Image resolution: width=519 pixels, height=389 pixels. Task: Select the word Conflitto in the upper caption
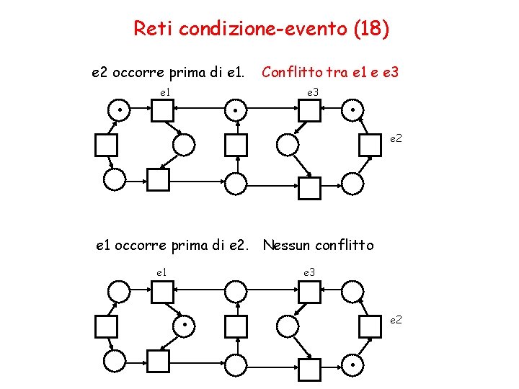293,72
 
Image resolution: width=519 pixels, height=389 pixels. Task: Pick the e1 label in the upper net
164,92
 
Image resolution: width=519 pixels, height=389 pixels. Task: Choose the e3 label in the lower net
309,272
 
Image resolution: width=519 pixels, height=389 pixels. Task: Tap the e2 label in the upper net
396,137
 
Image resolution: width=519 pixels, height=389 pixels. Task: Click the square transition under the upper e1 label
162,110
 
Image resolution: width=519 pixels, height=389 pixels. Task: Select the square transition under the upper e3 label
309,110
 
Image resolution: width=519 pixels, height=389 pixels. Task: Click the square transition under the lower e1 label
162,292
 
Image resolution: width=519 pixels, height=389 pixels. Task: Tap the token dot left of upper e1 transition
117,110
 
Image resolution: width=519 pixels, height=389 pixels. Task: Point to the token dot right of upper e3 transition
352,110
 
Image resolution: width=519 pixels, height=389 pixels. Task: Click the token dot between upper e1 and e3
236,110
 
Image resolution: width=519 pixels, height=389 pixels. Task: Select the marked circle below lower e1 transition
185,326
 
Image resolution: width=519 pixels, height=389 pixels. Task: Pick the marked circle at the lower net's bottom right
352,365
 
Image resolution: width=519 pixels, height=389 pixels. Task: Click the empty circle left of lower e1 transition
118,292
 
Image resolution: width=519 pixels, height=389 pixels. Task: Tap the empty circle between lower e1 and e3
236,292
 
